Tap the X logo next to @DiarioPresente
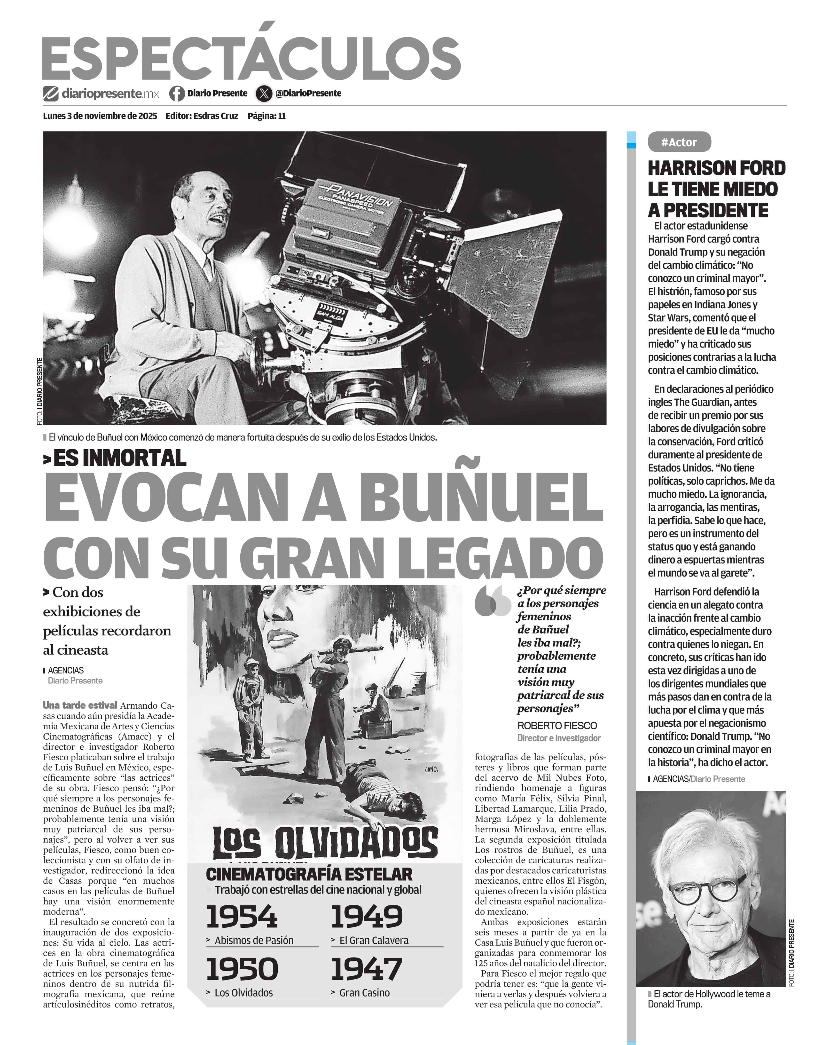(x=264, y=93)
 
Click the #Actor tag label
(x=679, y=142)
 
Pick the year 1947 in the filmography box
(x=366, y=968)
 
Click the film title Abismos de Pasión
(x=254, y=940)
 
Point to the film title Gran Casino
(x=364, y=993)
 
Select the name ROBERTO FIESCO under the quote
(x=557, y=726)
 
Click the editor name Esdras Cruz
(x=216, y=116)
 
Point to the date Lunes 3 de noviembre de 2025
(x=100, y=116)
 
